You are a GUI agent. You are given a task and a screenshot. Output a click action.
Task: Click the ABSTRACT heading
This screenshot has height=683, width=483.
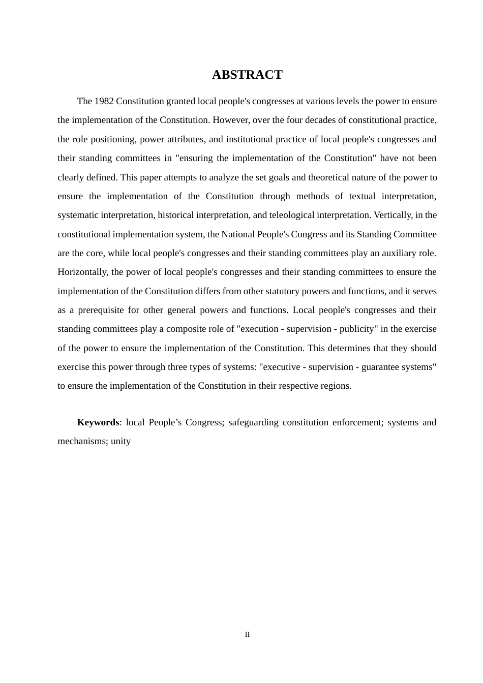(x=247, y=75)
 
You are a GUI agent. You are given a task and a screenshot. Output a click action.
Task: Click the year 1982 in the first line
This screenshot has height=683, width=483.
(x=104, y=101)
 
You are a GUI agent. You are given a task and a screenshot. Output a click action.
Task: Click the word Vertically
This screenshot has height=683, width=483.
(x=392, y=215)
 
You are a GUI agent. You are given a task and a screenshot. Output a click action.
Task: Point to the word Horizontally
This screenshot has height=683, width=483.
(x=82, y=272)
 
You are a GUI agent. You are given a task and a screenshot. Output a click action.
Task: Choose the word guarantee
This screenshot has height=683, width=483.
(x=378, y=367)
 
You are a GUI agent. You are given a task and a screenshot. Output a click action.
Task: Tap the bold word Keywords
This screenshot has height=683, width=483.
(x=98, y=422)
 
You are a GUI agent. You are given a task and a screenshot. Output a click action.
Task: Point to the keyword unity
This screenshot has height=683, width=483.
(x=121, y=441)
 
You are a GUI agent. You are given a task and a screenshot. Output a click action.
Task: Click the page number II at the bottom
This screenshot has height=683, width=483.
(x=247, y=635)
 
